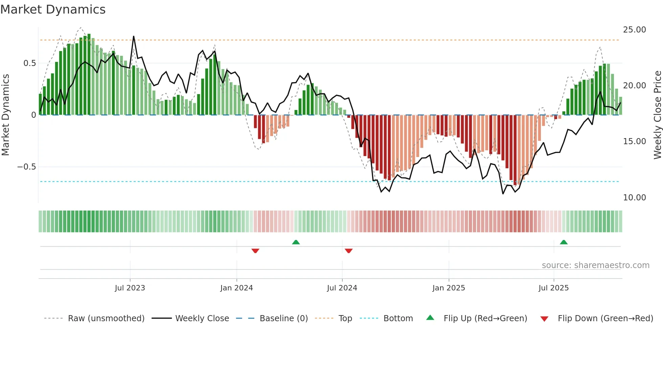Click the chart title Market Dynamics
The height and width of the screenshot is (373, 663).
click(53, 9)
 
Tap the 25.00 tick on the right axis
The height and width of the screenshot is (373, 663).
click(634, 30)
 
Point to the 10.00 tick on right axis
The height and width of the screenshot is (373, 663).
click(634, 197)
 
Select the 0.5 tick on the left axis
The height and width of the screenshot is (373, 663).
click(29, 63)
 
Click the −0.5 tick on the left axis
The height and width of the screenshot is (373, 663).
click(26, 167)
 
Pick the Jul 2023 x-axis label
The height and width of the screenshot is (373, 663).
click(130, 288)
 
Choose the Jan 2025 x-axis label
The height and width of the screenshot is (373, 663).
click(449, 288)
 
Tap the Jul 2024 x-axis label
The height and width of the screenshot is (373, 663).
click(342, 288)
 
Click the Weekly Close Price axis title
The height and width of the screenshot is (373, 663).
click(657, 115)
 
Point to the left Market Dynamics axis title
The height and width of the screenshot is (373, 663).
click(5, 115)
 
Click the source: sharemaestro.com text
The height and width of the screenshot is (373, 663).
click(595, 265)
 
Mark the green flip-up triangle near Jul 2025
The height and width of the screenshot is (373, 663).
click(564, 242)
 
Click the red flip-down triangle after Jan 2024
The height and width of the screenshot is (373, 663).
click(255, 251)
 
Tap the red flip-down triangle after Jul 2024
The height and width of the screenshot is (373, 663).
click(349, 251)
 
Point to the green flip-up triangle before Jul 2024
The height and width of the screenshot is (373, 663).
click(296, 242)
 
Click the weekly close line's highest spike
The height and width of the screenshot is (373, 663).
click(134, 37)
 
